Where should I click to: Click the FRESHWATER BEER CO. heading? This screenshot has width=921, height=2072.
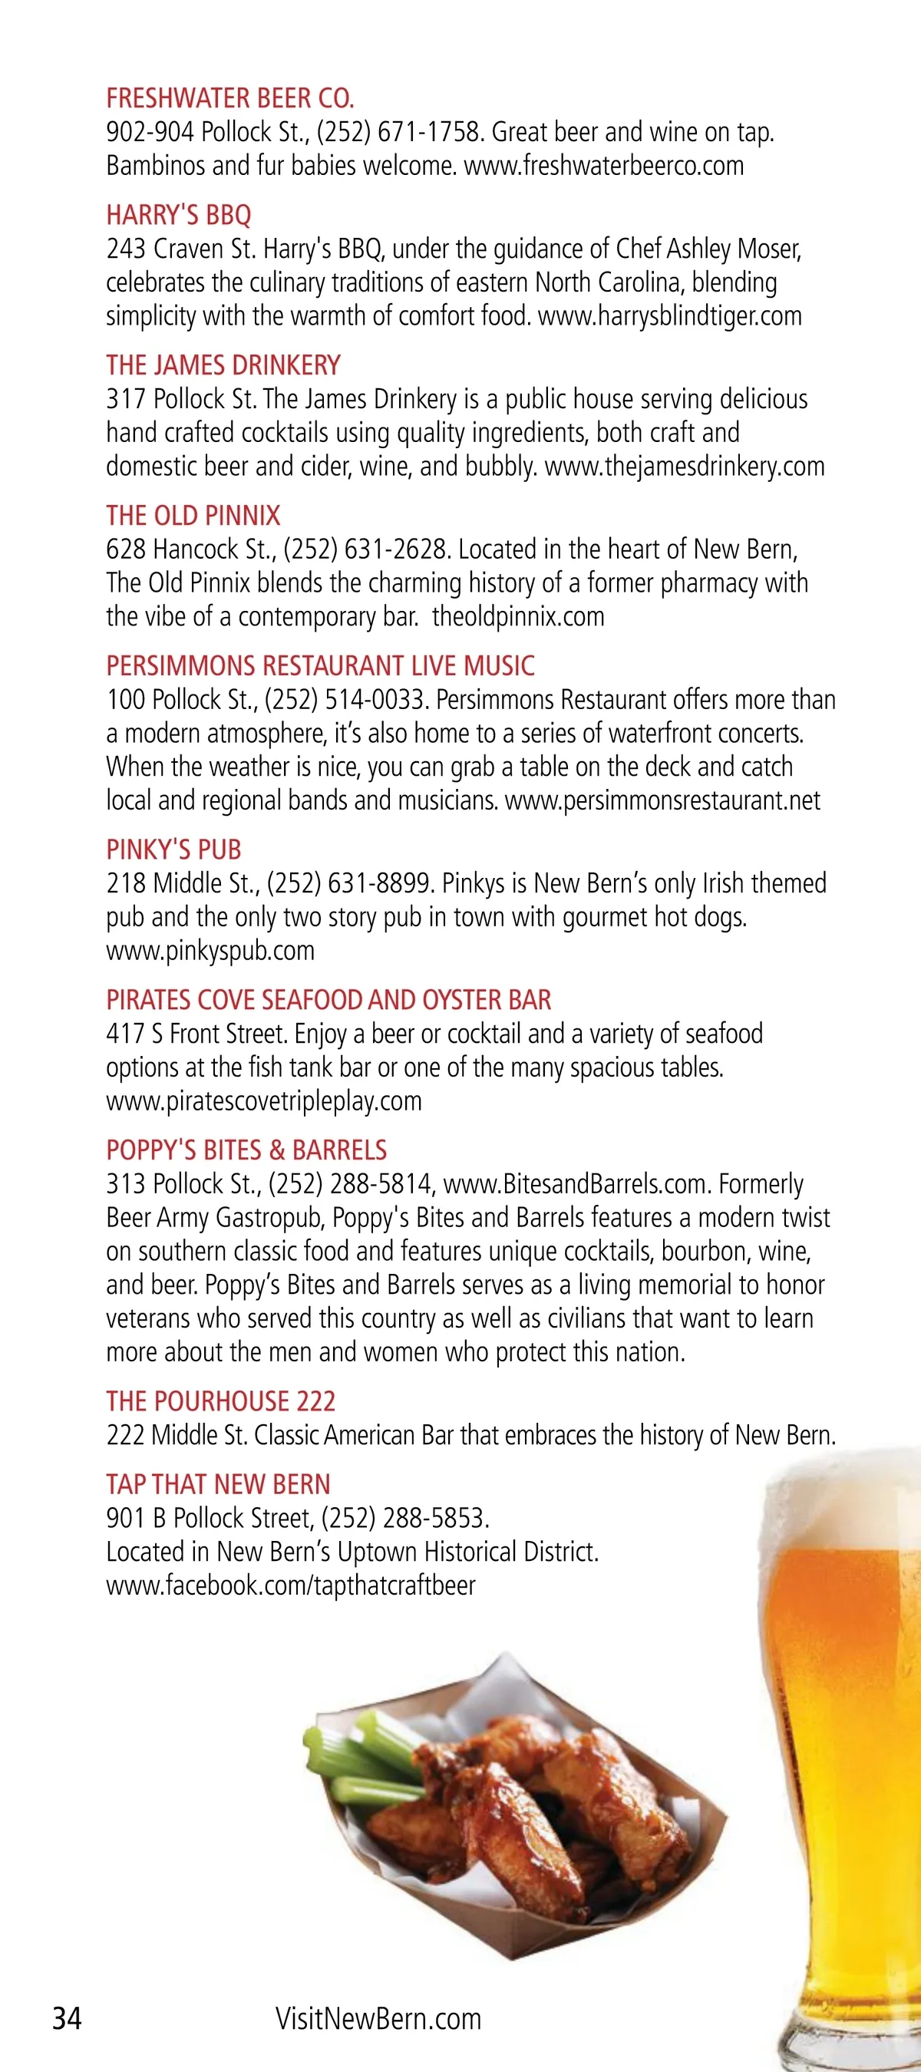point(230,98)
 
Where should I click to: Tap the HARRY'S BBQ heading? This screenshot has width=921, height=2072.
point(179,215)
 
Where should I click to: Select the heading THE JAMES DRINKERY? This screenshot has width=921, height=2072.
point(223,365)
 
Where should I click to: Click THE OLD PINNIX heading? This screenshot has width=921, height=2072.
point(193,516)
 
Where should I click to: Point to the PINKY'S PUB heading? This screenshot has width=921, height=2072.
point(173,850)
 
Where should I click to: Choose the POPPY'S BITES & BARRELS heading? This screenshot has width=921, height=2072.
point(246,1150)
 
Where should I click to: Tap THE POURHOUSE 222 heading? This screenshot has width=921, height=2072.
point(220,1401)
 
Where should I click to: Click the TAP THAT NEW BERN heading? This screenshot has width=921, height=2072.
point(218,1484)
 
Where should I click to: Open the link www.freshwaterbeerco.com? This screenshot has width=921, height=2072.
point(604,166)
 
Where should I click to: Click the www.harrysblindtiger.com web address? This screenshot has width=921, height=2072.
point(670,316)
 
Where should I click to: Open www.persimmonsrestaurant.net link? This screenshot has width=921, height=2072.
point(663,801)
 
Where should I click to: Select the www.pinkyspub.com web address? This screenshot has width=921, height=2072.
point(210,951)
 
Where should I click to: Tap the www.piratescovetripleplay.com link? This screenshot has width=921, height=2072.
point(264,1101)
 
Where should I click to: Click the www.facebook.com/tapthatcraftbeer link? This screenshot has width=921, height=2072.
point(291,1585)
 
